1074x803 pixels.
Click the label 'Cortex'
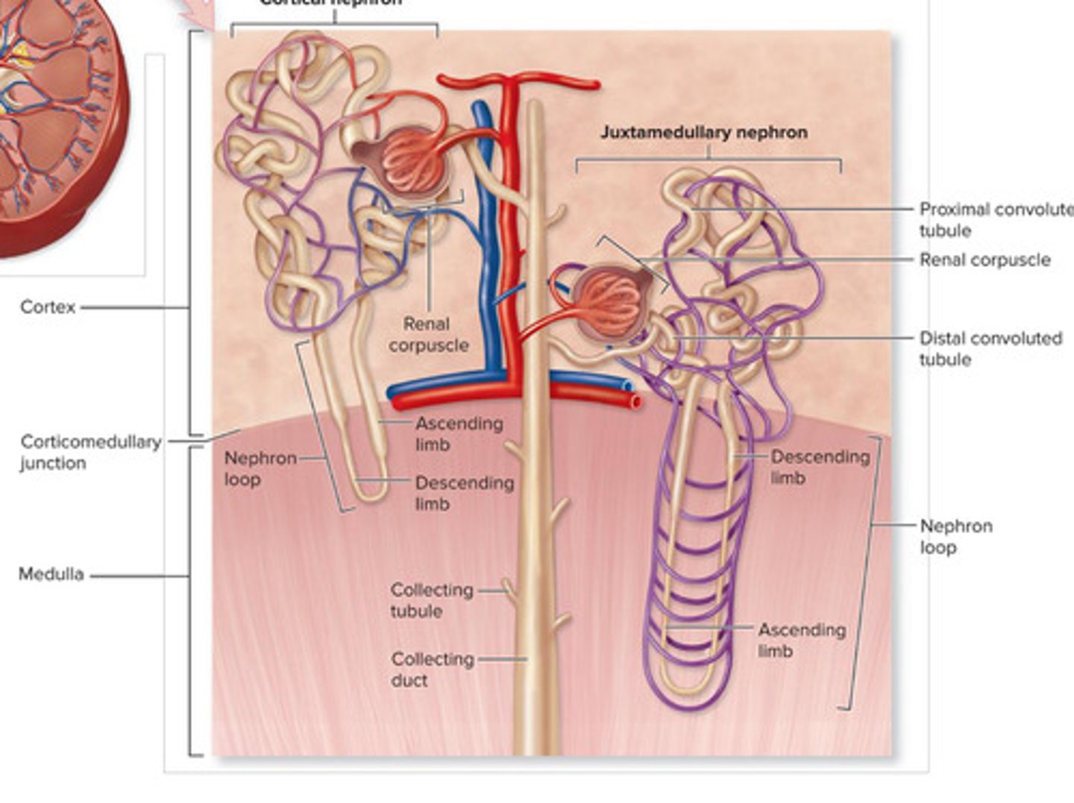tap(48, 306)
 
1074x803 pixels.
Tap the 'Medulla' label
tap(51, 574)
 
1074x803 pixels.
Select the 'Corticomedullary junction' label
tap(90, 452)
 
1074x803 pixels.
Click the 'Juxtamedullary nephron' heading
tap(703, 133)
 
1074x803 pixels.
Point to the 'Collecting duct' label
tap(432, 670)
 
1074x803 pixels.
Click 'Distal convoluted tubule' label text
tap(989, 348)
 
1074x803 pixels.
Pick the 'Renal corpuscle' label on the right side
tap(984, 259)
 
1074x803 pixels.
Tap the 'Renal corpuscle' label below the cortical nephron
tap(427, 335)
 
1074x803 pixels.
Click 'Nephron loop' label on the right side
tap(955, 536)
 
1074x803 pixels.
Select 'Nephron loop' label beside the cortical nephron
tap(260, 468)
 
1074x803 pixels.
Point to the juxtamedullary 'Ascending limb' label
tap(801, 640)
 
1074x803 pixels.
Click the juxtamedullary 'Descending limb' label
tap(819, 466)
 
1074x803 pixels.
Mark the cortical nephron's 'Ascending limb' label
tap(458, 433)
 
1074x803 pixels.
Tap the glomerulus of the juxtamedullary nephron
tap(610, 302)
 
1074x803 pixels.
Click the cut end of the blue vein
tap(628, 385)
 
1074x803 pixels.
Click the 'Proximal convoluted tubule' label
tap(995, 219)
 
